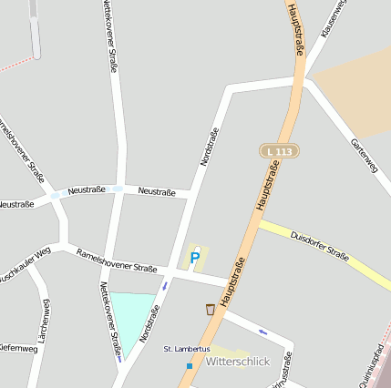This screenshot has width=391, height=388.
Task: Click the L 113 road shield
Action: [279, 150]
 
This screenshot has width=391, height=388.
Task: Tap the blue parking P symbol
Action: [194, 259]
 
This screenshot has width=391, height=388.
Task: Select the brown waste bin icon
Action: [211, 310]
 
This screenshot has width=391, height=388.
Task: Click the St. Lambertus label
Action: [186, 349]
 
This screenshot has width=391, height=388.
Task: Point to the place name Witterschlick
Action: [239, 362]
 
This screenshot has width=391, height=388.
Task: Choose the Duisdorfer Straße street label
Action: [319, 247]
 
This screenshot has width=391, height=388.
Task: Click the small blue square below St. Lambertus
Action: [190, 365]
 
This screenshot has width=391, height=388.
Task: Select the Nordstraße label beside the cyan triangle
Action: [151, 323]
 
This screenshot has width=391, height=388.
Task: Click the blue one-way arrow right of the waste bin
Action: [262, 331]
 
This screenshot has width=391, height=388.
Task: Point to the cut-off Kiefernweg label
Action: [18, 348]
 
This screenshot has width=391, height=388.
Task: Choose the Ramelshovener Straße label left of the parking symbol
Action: [117, 261]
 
